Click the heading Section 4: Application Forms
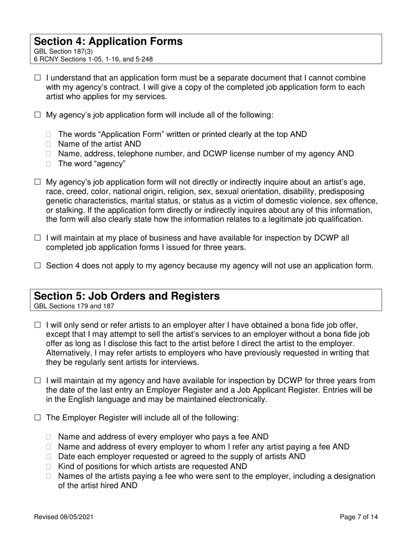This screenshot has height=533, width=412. [x=108, y=42]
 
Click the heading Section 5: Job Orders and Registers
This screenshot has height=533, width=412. [x=127, y=296]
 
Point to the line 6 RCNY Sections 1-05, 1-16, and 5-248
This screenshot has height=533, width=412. [x=93, y=59]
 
